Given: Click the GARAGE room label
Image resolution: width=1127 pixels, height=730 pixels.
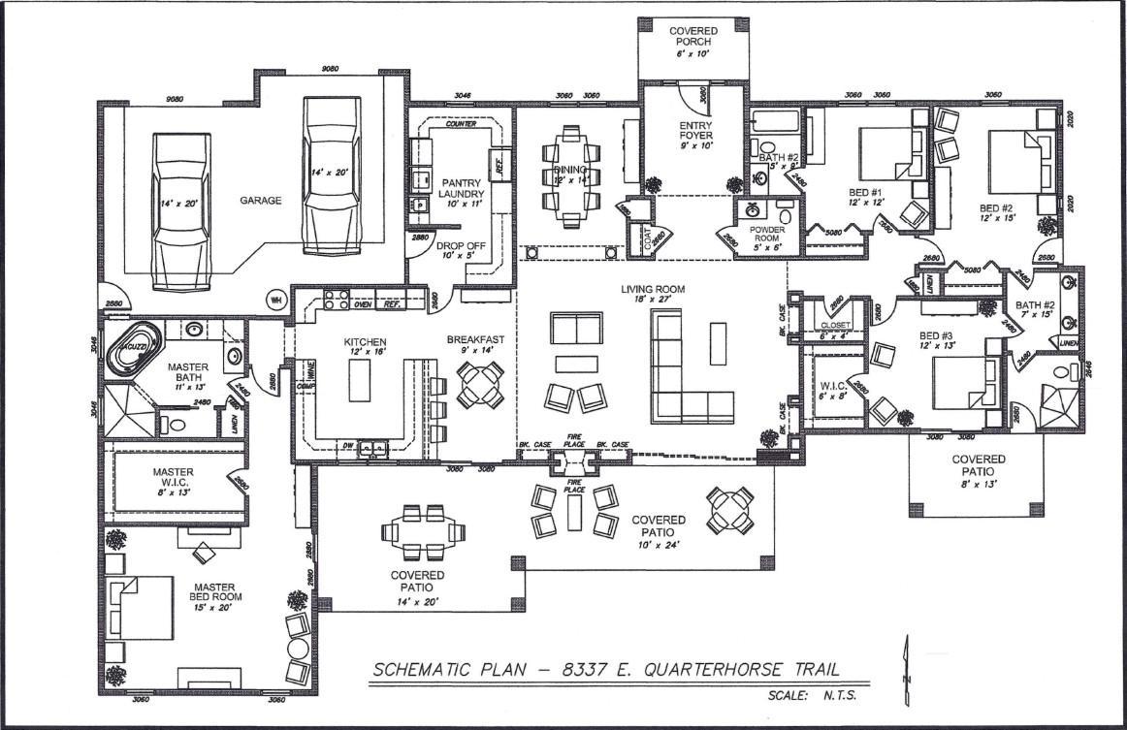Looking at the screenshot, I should click(261, 201).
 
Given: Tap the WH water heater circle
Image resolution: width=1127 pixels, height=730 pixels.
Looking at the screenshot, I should click(275, 298).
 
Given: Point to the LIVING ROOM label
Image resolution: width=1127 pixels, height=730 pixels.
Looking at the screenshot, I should click(654, 289).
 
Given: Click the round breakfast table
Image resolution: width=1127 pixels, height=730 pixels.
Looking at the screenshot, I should click(481, 383).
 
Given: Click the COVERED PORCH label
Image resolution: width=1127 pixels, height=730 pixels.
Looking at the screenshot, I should click(692, 37).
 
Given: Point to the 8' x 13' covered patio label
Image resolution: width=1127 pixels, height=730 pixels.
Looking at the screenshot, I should click(977, 470).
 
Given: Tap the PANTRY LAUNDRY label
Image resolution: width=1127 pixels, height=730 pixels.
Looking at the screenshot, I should click(462, 188).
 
